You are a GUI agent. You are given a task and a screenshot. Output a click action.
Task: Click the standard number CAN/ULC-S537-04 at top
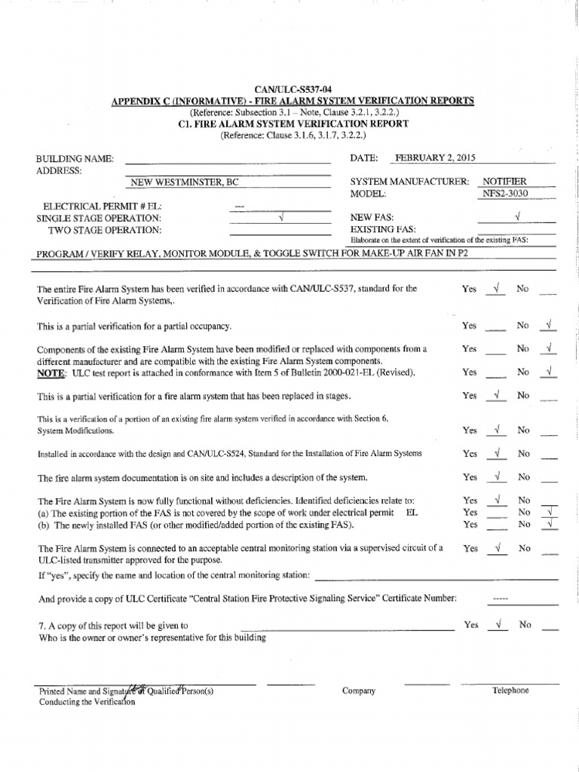coord(289,90)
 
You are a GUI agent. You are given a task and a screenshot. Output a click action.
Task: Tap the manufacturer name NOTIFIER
coord(504,182)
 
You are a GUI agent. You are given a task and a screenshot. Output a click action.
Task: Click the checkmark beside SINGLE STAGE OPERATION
coord(280,217)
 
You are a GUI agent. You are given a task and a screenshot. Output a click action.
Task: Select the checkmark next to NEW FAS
coord(517,217)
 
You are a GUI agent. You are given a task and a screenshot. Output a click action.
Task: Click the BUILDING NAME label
coord(75,159)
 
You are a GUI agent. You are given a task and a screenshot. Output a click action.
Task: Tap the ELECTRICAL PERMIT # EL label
coord(102,206)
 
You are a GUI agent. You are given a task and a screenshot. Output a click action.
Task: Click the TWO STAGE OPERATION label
coord(105,230)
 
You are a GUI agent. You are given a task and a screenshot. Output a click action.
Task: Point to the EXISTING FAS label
coord(383,229)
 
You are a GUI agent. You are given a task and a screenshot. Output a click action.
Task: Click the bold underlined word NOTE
coord(51,372)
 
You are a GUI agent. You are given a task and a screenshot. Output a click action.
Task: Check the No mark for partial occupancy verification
coord(549,326)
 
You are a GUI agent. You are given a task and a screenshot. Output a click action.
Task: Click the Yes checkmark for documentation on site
coord(497,476)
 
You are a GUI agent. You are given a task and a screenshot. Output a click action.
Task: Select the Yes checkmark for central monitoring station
coord(497,548)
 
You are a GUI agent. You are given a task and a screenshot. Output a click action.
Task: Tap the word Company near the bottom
coord(358,691)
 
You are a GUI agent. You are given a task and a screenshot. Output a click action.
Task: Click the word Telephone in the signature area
coord(510,691)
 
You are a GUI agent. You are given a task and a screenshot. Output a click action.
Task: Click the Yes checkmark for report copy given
coord(497,624)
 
